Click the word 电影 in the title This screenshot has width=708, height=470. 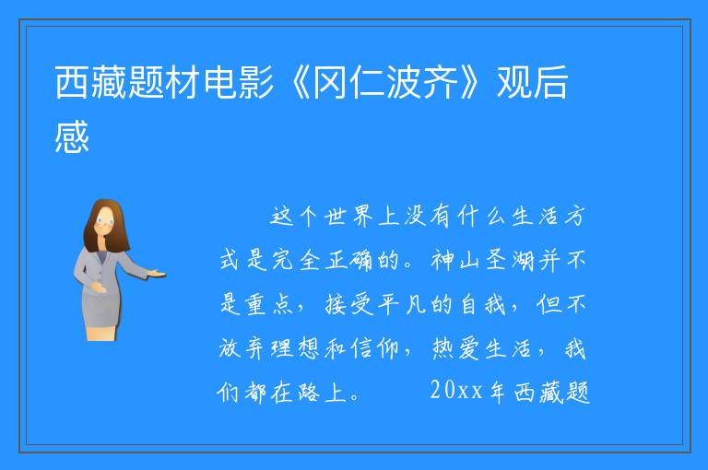pyautogui.click(x=239, y=82)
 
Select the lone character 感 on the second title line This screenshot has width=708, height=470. pyautogui.click(x=72, y=136)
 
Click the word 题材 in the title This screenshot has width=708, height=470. pyautogui.click(x=165, y=82)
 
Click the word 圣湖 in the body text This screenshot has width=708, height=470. pyautogui.click(x=509, y=261)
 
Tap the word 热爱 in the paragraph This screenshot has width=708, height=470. pyautogui.click(x=454, y=348)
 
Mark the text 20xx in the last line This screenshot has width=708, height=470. pyautogui.click(x=456, y=391)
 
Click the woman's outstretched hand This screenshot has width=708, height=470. pyautogui.click(x=157, y=273)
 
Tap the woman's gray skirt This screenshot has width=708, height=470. pyautogui.click(x=101, y=310)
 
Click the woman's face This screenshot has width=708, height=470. pyautogui.click(x=106, y=222)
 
